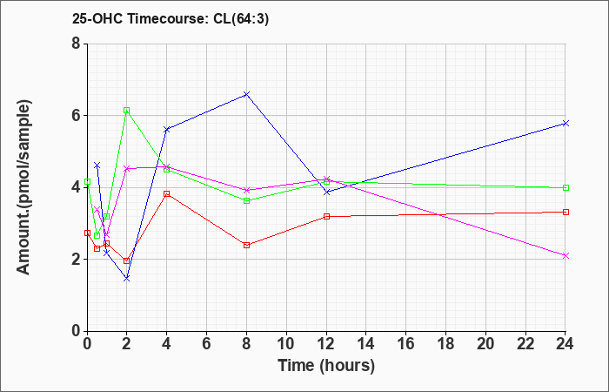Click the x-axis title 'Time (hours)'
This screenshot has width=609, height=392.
[326, 366]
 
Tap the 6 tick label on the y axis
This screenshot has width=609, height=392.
[76, 115]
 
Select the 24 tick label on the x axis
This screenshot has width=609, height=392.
[565, 344]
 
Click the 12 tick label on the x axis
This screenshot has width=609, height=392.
[326, 344]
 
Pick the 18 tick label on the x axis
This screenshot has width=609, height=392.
[445, 344]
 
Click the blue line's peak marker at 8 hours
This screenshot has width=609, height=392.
[247, 94]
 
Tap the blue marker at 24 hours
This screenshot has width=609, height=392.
[565, 123]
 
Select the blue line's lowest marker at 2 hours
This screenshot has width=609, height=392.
[127, 278]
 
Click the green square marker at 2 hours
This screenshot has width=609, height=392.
[127, 111]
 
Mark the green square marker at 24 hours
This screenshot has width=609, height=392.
[565, 187]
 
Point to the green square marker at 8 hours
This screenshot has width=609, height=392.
[247, 200]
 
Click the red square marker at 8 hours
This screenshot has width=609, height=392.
[247, 245]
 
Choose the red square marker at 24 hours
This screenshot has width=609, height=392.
[565, 212]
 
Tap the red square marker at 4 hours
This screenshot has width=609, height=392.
[167, 193]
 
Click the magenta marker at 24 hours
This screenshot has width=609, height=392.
[565, 255]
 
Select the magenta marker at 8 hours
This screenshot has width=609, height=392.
[247, 190]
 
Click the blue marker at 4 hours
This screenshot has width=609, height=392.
[167, 129]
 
